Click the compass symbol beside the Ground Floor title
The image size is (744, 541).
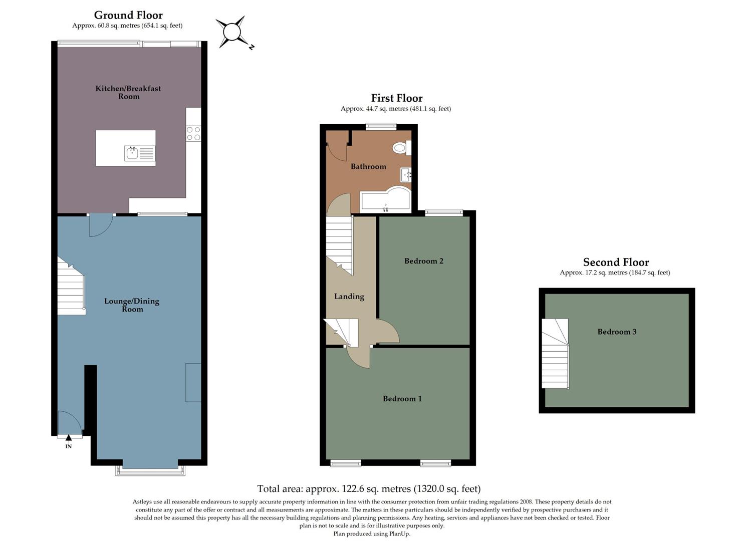point(232,32)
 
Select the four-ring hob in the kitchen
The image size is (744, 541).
point(193,133)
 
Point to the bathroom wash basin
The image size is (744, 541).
point(406,175)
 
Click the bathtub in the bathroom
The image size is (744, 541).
point(385,200)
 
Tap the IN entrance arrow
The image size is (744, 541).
point(69,438)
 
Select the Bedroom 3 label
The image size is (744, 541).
point(617,332)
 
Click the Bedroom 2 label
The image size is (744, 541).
point(424,261)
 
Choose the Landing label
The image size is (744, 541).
point(349,297)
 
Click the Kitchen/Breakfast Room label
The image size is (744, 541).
point(128,92)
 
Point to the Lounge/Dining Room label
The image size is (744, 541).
point(132,305)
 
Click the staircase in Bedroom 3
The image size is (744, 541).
point(555,354)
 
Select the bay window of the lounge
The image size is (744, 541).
point(150,471)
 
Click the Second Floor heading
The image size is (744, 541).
point(616,262)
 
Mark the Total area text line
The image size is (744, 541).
point(369,488)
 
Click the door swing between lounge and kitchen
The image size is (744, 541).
point(100,225)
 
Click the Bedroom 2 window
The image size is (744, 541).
point(444,213)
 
